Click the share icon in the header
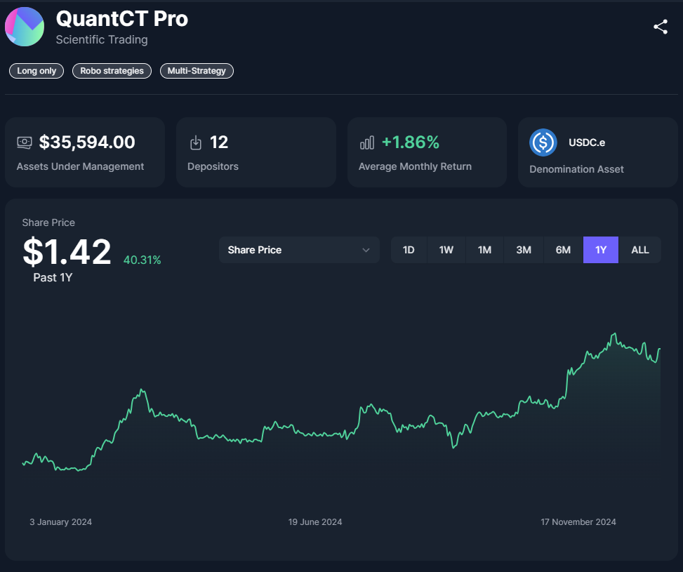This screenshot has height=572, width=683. coord(660,27)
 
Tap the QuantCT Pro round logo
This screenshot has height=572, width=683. coord(25,27)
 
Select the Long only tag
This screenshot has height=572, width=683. coord(37,71)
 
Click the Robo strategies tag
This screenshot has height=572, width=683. coord(112,71)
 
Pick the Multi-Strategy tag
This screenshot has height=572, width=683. coord(197,71)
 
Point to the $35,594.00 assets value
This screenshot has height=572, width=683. coord(87,142)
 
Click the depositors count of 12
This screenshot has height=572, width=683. coord(219,142)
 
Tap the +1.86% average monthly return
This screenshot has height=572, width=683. coord(410,142)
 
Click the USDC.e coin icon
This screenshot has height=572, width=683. coord(543,142)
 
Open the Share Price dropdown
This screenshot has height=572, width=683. coord(299,250)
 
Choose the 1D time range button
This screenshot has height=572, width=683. coord(409,250)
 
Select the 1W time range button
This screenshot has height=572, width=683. coord(446,250)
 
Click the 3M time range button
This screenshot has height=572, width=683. coord(524,250)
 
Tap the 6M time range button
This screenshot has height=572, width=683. coord(563,250)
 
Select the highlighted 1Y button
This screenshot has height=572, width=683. coord(601,250)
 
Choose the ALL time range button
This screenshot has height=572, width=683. coord(640,250)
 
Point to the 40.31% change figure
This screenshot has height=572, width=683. coord(142,260)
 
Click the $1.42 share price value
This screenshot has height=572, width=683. coord(67,252)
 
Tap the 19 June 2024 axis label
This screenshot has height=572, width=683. coord(315,522)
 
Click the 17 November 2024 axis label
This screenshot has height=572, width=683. coord(578,522)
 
